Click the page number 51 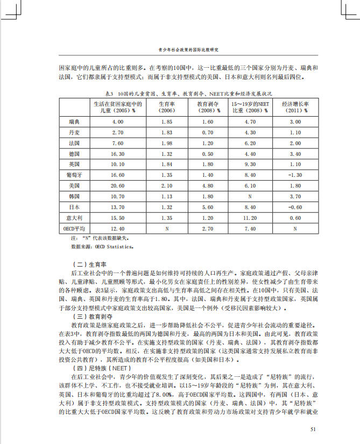click(x=313, y=428)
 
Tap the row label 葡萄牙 click(x=75, y=175)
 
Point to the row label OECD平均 click(x=75, y=228)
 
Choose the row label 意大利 click(x=75, y=218)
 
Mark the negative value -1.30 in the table click(x=295, y=175)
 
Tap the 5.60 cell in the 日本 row click(x=207, y=207)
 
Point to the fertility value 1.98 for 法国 click(x=166, y=143)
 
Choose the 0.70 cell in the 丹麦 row click(x=207, y=132)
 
